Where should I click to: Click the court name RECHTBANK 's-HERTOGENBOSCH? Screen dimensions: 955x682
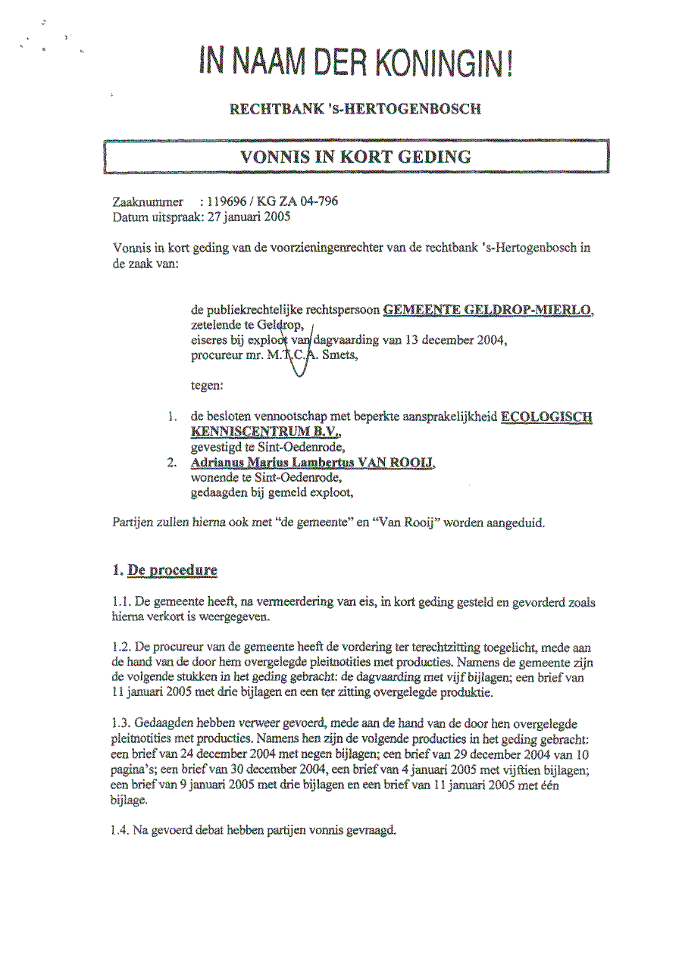point(355,109)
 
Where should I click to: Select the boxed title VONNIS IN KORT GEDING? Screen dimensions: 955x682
point(355,158)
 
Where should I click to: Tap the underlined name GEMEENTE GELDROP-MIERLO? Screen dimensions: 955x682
point(489,309)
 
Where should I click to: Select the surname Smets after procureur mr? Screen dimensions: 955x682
point(339,355)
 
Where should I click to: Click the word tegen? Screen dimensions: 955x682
point(207,385)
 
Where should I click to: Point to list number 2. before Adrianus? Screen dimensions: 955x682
point(173,463)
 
